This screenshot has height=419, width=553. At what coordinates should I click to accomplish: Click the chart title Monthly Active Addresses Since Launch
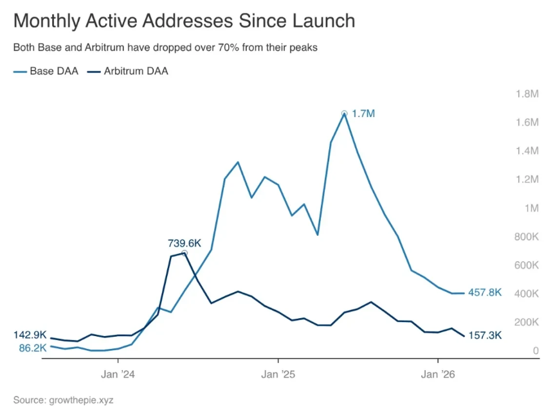tap(184, 21)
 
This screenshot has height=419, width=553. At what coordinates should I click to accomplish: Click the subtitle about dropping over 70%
tap(165, 48)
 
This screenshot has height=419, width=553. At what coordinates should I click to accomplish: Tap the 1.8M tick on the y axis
tap(527, 94)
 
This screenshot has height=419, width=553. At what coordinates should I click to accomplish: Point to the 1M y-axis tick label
tap(531, 208)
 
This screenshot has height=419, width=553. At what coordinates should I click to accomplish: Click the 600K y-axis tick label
tap(527, 265)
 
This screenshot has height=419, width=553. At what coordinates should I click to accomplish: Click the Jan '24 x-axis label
tap(119, 373)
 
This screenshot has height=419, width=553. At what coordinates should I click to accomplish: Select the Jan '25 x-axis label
tap(278, 373)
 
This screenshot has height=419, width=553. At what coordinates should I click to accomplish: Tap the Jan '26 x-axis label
tap(438, 373)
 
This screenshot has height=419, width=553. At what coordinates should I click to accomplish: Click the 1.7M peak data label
tap(363, 114)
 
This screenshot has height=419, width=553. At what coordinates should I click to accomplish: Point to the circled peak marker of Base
tap(345, 114)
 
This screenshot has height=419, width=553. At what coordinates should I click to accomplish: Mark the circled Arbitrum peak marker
tap(185, 253)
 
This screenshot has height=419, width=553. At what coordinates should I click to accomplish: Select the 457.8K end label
tap(485, 292)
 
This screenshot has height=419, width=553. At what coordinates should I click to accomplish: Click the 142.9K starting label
tap(30, 335)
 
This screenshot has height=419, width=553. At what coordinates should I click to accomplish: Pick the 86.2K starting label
tap(32, 348)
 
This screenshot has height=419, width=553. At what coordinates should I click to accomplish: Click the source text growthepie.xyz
tap(63, 400)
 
